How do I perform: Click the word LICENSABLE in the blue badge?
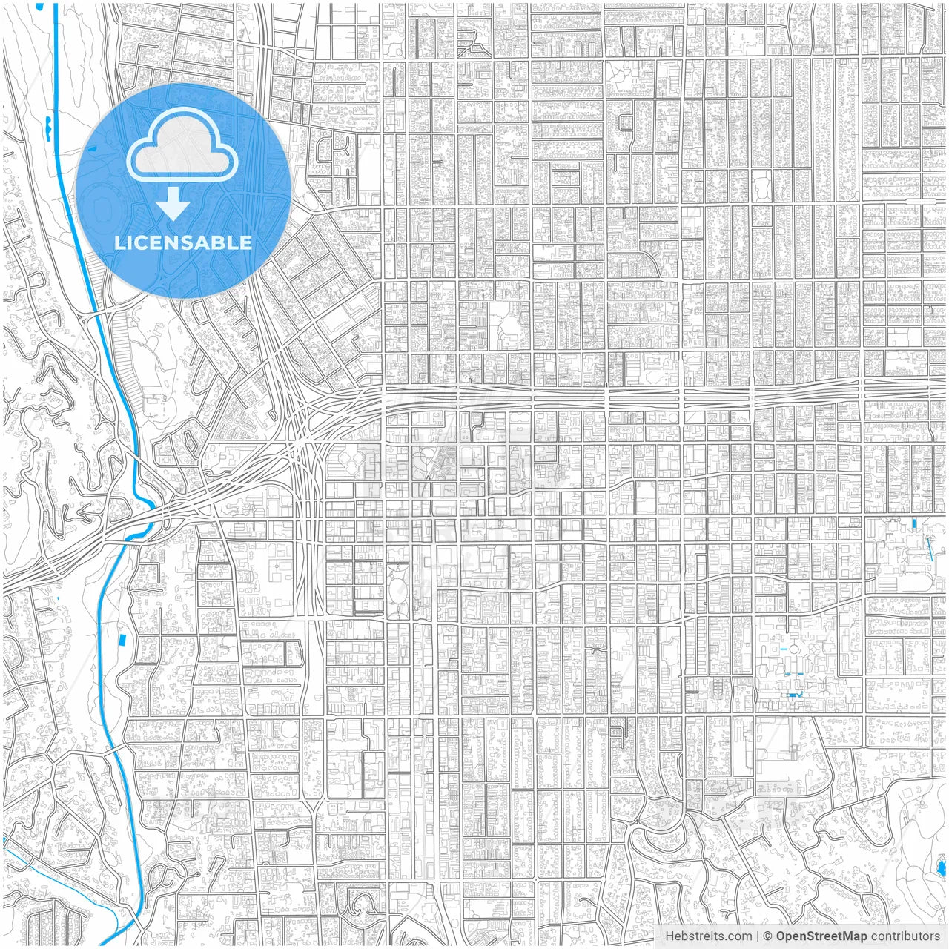pos(183,242)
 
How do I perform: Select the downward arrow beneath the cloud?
pos(173,204)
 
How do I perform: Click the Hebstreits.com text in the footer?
pos(708,936)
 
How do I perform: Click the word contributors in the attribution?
pos(905,936)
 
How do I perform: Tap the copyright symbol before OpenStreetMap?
pos(768,936)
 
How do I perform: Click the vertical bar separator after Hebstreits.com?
pos(758,936)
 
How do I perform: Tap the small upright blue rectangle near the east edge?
pos(914,523)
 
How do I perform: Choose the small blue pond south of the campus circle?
pos(795,695)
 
